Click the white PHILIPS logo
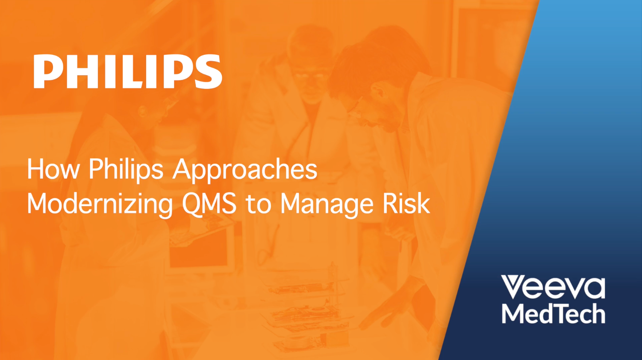[x=128, y=71]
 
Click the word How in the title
[x=53, y=169]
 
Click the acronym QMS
[x=209, y=204]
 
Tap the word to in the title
[x=258, y=205]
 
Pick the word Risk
[x=406, y=203]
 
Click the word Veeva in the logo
[x=553, y=287]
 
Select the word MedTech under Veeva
[x=553, y=313]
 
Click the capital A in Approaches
[x=183, y=169]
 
